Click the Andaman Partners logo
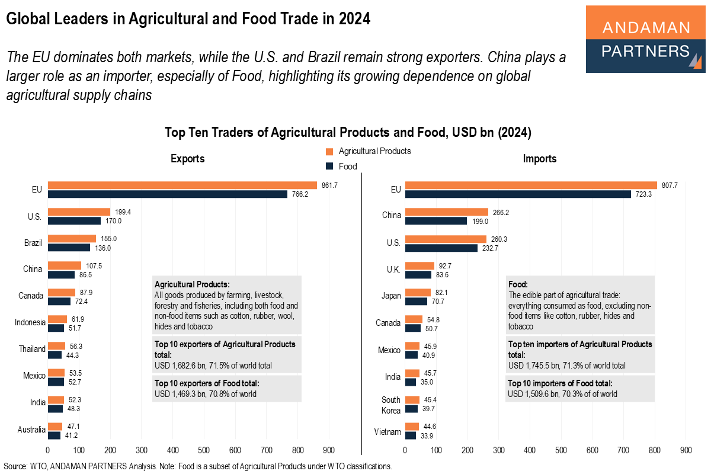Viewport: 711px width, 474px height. pyautogui.click(x=646, y=39)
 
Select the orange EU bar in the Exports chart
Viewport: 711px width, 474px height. pyautogui.click(x=182, y=185)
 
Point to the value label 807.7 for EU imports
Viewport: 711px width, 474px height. pyautogui.click(x=669, y=185)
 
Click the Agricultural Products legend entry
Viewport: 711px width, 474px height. pyautogui.click(x=368, y=151)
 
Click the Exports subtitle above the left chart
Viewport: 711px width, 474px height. pyautogui.click(x=187, y=159)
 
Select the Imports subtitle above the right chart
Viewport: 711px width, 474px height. pyautogui.click(x=539, y=159)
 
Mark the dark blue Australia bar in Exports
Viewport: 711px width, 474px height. pyautogui.click(x=54, y=435)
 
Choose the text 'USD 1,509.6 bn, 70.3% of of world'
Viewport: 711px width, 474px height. pyautogui.click(x=562, y=394)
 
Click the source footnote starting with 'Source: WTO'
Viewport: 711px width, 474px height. pyautogui.click(x=198, y=466)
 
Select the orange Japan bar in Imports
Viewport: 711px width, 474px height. pyautogui.click(x=418, y=292)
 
